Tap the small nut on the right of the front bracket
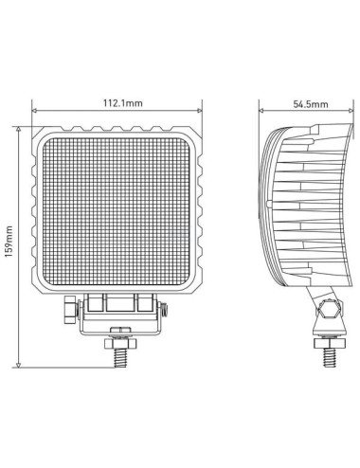[164, 309]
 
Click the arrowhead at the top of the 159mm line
[20, 124]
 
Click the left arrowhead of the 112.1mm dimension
[35, 112]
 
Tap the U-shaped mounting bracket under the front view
[119, 313]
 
